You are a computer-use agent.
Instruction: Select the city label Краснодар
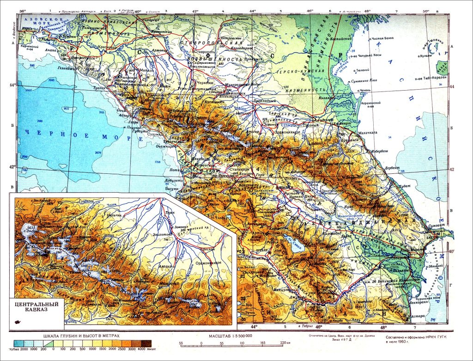click(106, 47)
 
